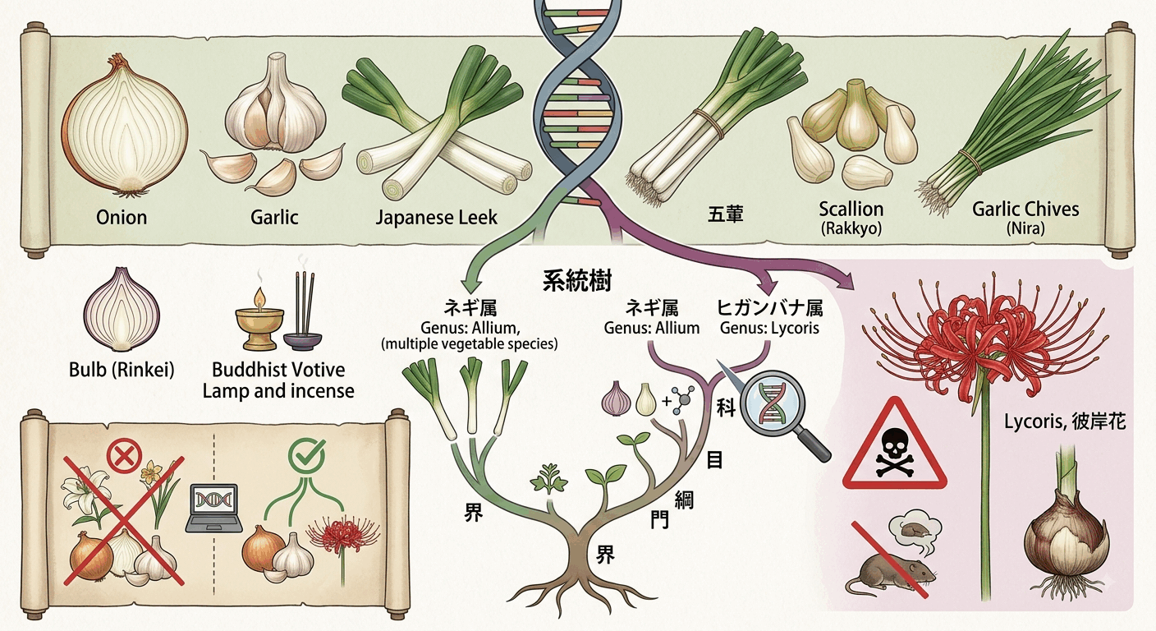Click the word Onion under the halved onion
(122, 218)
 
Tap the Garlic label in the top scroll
(274, 218)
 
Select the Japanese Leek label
(436, 218)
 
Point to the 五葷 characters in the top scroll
(725, 214)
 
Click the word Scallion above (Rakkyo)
(851, 210)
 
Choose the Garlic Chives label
(1025, 210)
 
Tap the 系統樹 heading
(577, 282)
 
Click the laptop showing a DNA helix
(214, 509)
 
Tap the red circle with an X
(124, 455)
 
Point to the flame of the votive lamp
(259, 297)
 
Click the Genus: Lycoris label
(769, 329)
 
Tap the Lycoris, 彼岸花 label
(1065, 421)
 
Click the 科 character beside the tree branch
(726, 408)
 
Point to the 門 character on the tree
(659, 520)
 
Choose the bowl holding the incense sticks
(302, 342)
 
